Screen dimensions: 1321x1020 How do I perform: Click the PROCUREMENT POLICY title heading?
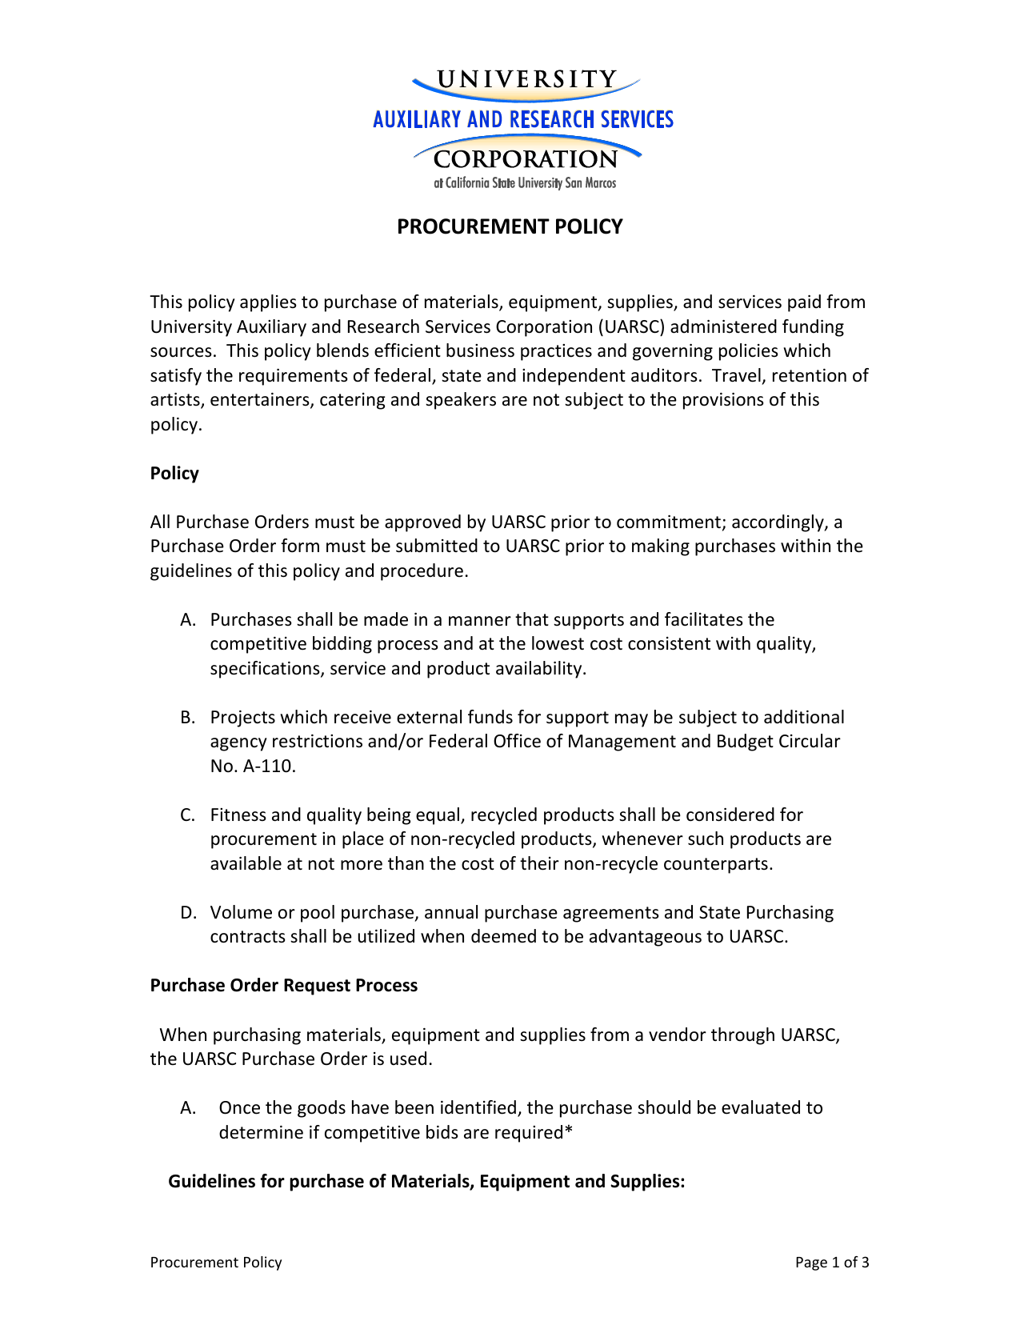coord(510,227)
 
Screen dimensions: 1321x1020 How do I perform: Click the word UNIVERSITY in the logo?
coord(526,79)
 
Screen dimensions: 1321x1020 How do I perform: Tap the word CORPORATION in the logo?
coord(526,159)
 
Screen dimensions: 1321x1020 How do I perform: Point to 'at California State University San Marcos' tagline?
coord(525,183)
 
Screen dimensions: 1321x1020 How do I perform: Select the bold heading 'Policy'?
coord(174,474)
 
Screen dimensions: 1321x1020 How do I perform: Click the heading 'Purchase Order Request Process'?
coord(283,986)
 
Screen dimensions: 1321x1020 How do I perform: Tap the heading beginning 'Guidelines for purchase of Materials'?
coord(426,1182)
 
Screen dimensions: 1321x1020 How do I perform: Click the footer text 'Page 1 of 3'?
coord(831,1263)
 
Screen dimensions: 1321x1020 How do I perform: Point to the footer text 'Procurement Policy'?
coord(216,1263)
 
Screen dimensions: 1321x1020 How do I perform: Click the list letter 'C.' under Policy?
coord(188,815)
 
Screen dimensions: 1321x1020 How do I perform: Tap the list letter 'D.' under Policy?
coord(188,913)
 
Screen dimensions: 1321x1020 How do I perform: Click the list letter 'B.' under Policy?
coord(188,718)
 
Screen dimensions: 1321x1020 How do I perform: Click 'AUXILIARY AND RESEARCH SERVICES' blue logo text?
coord(523,120)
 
